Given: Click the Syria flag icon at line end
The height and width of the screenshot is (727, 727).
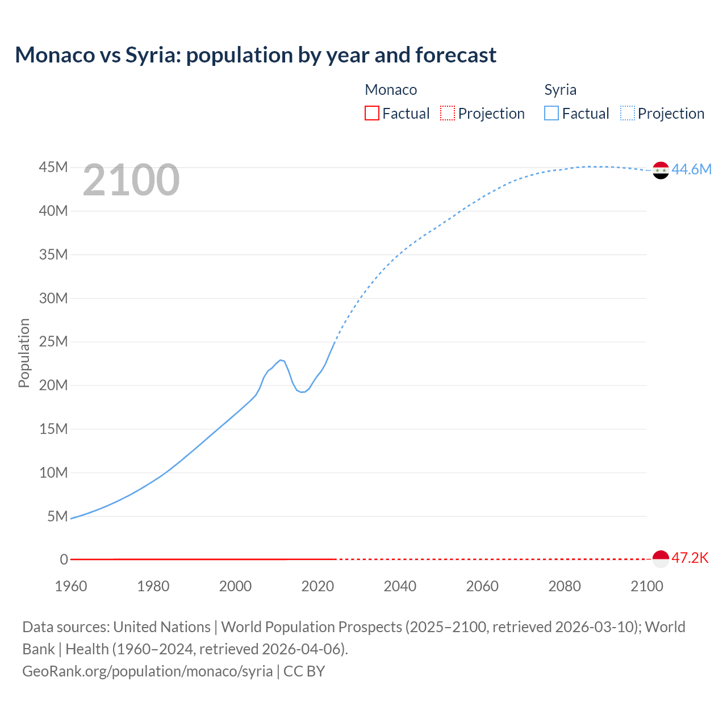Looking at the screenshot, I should (x=661, y=170).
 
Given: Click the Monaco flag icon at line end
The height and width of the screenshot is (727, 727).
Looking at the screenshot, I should (x=661, y=559).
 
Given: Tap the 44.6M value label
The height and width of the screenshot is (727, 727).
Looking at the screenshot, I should (x=691, y=169).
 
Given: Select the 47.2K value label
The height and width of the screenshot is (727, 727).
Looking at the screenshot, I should (x=690, y=558).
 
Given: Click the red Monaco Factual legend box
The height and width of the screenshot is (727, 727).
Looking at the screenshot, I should (x=372, y=113).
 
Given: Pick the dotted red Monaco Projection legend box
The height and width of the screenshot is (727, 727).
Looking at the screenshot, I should (x=448, y=113).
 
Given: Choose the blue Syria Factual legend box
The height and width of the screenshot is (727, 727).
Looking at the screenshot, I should (x=551, y=113).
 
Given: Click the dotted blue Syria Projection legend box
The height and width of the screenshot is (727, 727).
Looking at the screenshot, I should (x=628, y=113).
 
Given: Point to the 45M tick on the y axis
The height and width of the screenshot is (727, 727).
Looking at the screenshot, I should (x=53, y=168).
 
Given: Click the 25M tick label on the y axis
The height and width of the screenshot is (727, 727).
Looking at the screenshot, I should (x=53, y=342).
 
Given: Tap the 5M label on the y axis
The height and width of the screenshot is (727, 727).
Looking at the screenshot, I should (x=57, y=516).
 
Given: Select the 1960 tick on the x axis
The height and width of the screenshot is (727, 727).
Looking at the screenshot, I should (x=71, y=586).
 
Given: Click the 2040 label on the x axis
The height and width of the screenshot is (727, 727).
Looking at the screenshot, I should (x=400, y=586).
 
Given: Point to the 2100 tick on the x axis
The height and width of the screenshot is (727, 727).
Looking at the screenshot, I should (x=646, y=586).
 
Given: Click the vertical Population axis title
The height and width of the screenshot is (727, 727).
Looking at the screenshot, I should (x=24, y=353).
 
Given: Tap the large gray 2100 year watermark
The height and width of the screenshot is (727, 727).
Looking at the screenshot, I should (x=131, y=181).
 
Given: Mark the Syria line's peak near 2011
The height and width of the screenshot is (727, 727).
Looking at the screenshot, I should (x=281, y=360).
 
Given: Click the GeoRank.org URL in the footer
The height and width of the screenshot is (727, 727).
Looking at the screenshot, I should (x=148, y=671).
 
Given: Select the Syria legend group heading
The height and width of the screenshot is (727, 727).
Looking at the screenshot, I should (x=560, y=90).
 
